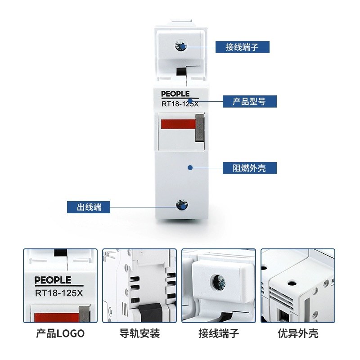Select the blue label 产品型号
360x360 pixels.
point(249,101)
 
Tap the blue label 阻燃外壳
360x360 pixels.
point(249,168)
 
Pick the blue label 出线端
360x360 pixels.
point(89,207)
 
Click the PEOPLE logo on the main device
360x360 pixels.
point(174,94)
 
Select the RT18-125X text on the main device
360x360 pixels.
point(180,104)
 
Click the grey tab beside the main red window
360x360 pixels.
point(200,127)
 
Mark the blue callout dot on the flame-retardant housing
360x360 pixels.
point(190,167)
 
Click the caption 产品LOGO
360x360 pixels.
point(60,333)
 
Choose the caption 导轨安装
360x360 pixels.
point(139,333)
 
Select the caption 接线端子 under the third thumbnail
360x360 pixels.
point(219,333)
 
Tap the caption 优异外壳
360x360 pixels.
point(298,333)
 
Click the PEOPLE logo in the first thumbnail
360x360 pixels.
point(53,280)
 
